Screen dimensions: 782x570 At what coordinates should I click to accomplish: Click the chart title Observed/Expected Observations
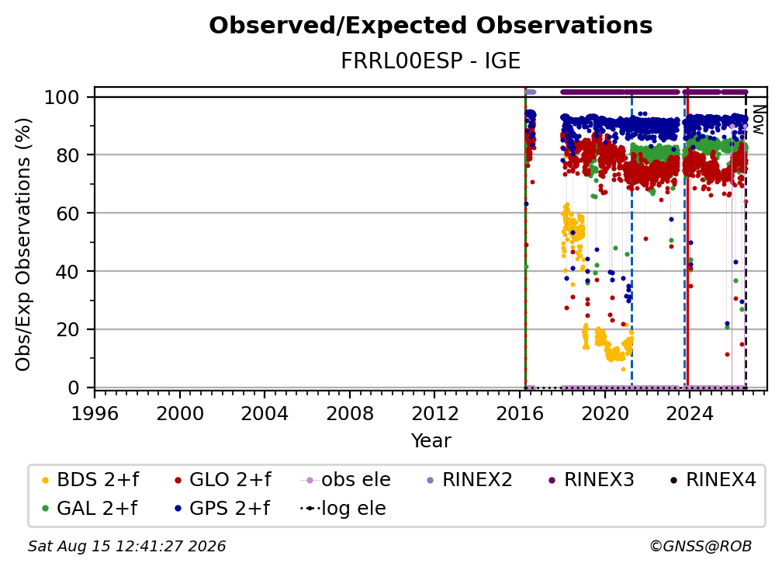(431, 26)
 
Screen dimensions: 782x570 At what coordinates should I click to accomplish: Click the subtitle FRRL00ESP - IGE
(431, 61)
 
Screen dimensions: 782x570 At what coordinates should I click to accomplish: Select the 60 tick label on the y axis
(67, 214)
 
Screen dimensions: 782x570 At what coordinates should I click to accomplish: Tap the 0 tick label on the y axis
(74, 388)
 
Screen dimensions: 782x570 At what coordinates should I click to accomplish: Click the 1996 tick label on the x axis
(95, 414)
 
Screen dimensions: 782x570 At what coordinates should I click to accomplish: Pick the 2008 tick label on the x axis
(350, 414)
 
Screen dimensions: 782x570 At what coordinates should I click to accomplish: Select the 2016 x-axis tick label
(520, 414)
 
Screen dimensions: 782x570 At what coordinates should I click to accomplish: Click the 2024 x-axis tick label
(690, 414)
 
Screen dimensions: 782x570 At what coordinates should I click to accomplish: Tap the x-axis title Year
(431, 441)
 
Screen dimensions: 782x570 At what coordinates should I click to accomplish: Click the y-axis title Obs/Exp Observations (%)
(23, 245)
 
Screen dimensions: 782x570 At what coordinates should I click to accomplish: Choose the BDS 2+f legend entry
(90, 480)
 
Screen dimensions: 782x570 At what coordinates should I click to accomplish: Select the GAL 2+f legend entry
(89, 509)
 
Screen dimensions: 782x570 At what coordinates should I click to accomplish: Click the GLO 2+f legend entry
(223, 480)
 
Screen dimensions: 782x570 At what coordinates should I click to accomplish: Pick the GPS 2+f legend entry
(222, 509)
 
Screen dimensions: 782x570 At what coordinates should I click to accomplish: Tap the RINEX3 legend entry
(591, 480)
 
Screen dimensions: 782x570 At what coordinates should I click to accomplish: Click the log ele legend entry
(343, 509)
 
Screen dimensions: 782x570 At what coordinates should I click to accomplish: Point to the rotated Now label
(758, 120)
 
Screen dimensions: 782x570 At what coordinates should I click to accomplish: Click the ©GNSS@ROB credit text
(701, 547)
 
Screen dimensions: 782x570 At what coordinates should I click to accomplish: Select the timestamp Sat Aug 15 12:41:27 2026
(126, 547)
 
